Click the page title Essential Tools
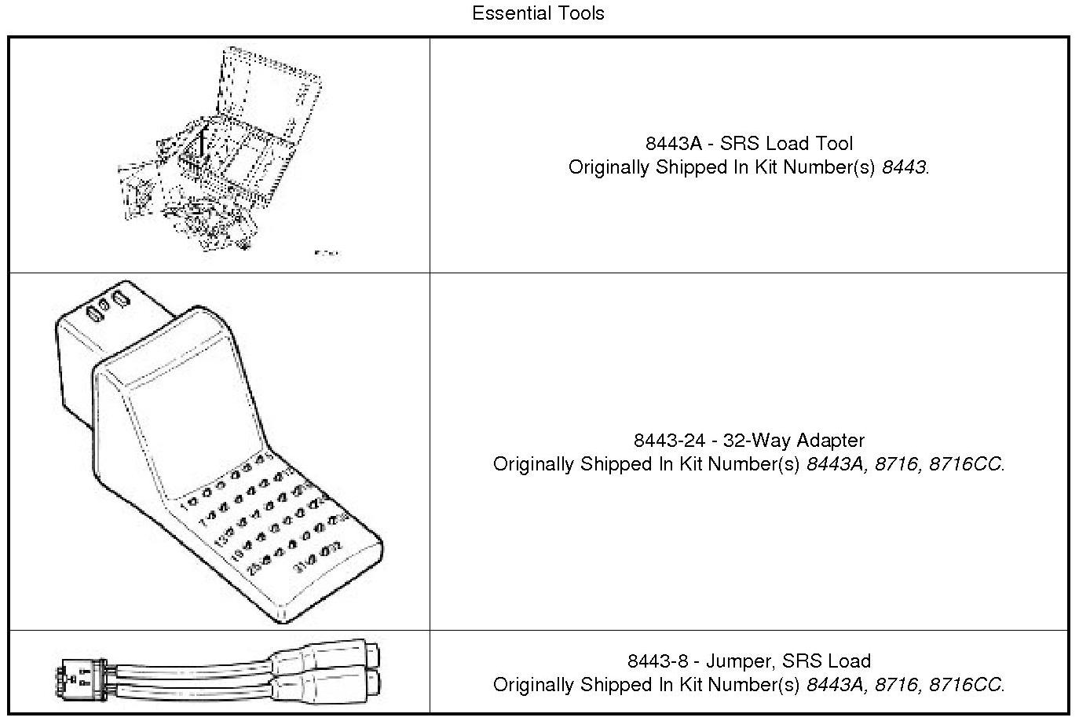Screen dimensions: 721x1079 click(x=538, y=13)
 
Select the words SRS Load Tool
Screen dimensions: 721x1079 click(x=786, y=144)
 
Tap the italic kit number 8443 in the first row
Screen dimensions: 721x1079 click(x=905, y=167)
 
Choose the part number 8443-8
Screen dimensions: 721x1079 click(x=658, y=661)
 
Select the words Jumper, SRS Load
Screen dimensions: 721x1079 click(x=788, y=661)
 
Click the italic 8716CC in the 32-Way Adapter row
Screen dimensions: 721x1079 click(x=965, y=464)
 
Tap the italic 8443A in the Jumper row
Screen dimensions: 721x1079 click(x=834, y=685)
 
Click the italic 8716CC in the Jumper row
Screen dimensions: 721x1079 click(x=965, y=685)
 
